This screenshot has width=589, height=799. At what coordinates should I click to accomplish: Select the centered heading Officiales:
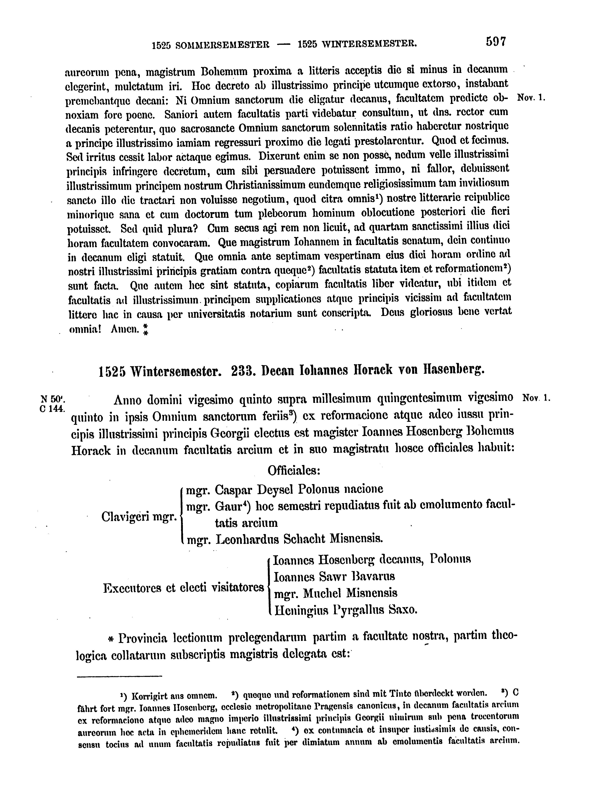pyautogui.click(x=294, y=470)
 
